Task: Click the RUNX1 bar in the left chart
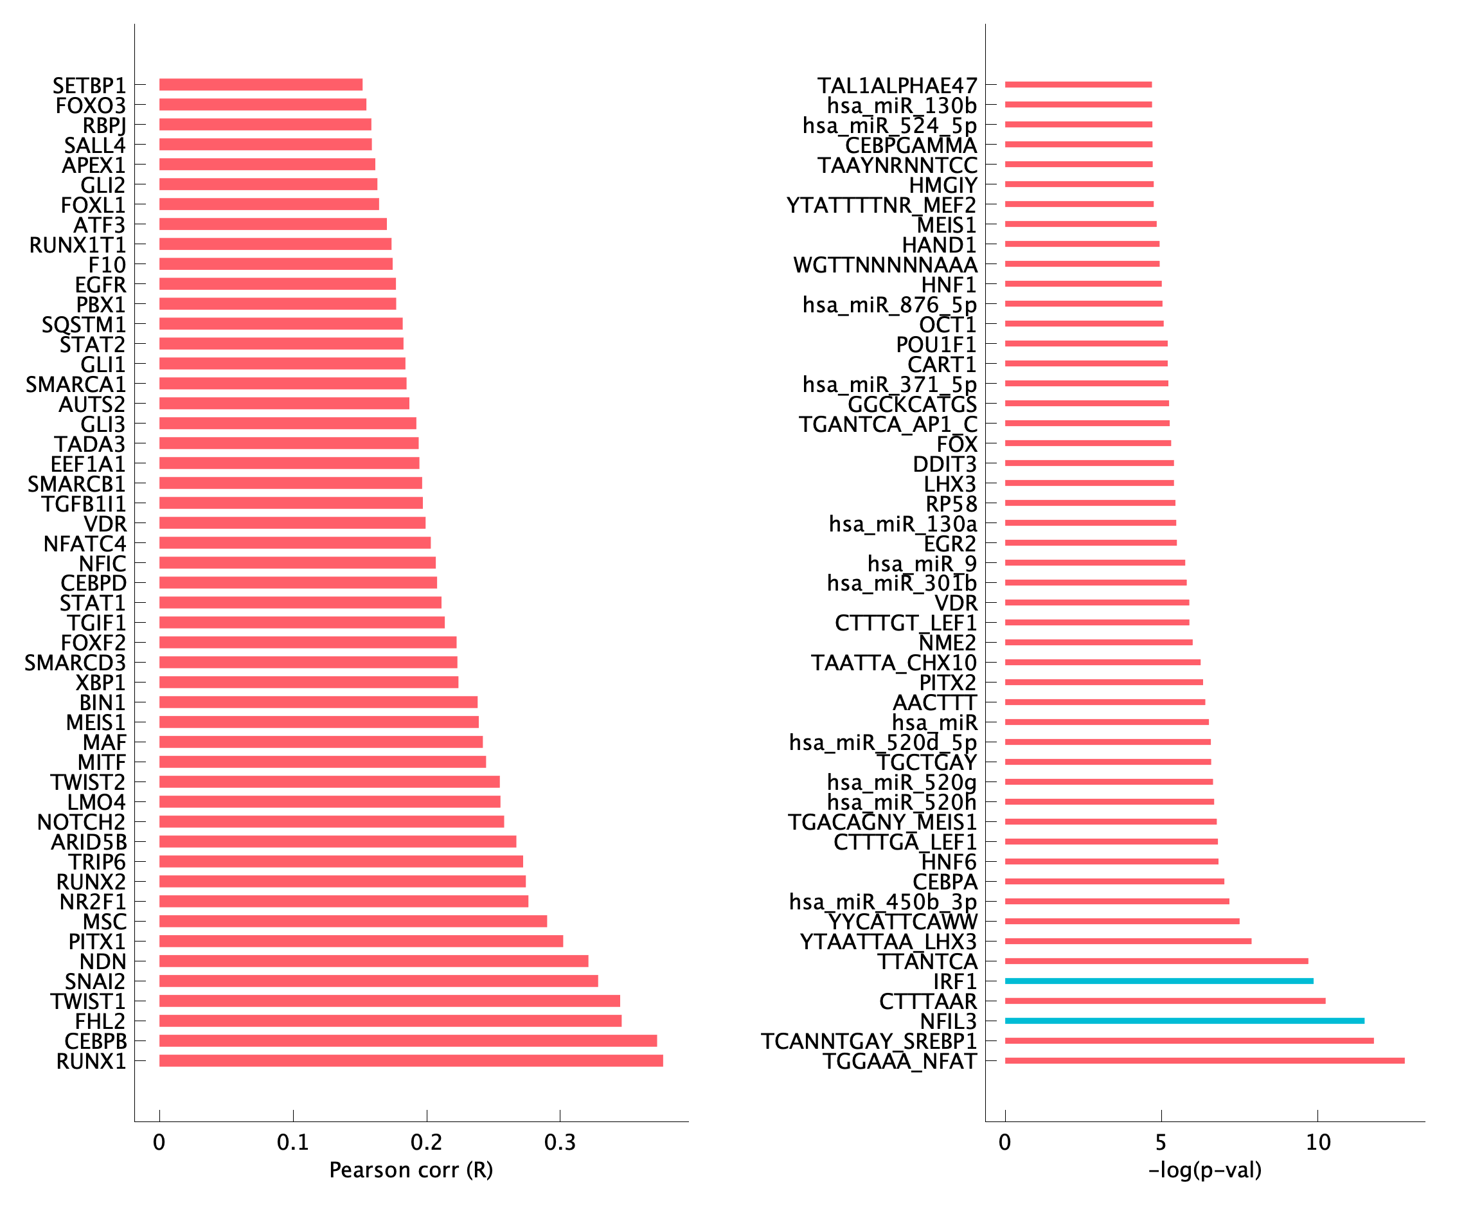[x=411, y=1060]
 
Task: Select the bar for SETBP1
[x=260, y=85]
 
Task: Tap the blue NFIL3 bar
[x=1184, y=1021]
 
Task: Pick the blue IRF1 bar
[x=1159, y=981]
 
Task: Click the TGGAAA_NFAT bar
[x=1204, y=1060]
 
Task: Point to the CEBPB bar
[x=408, y=1041]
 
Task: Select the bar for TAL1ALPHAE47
[x=1078, y=85]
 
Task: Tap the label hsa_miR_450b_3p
[x=882, y=902]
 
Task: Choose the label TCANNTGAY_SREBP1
[x=868, y=1041]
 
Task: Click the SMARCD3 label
[x=76, y=663]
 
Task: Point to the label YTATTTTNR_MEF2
[x=881, y=206]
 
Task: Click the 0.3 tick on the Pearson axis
[x=560, y=1143]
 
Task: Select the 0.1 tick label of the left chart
[x=293, y=1143]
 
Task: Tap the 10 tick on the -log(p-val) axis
[x=1317, y=1143]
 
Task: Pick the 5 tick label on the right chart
[x=1161, y=1143]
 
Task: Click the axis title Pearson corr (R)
[x=411, y=1170]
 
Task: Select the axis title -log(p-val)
[x=1204, y=1170]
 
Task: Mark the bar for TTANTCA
[x=1156, y=961]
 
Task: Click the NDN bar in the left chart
[x=373, y=961]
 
